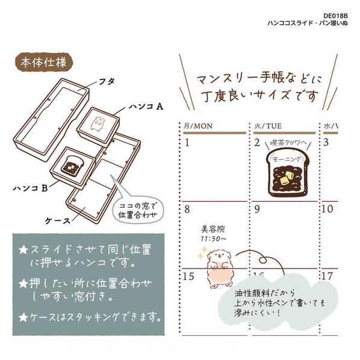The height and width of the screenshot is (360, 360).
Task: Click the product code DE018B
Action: click(335, 16)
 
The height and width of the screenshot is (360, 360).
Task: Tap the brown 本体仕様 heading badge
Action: click(44, 62)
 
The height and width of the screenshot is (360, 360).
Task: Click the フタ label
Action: click(107, 81)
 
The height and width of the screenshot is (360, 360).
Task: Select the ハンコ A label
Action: click(146, 107)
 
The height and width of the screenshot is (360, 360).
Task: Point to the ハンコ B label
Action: click(30, 188)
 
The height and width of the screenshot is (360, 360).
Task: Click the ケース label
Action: click(57, 221)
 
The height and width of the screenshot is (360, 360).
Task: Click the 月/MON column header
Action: click(198, 126)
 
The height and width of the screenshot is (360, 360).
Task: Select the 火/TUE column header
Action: click(268, 126)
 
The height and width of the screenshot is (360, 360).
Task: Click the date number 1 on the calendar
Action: click(187, 143)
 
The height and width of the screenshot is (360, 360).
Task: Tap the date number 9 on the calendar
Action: click(257, 209)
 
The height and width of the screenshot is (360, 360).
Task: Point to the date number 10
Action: click(327, 209)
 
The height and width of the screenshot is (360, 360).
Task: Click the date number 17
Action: click(327, 276)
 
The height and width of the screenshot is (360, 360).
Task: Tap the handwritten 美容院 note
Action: click(213, 229)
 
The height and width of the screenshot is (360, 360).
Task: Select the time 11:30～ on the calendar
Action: click(214, 239)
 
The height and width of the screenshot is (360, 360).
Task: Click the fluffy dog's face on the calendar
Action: click(219, 256)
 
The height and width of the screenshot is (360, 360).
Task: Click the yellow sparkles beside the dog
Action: click(202, 253)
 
